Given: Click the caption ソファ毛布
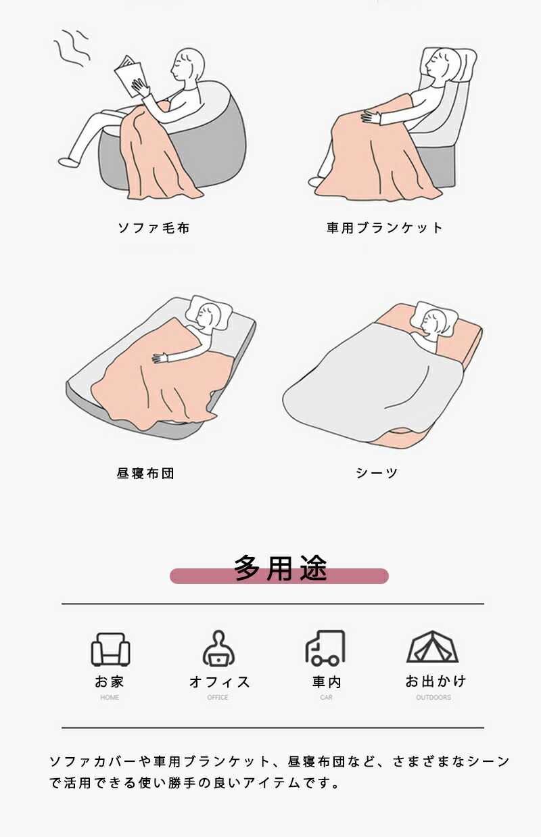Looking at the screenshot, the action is (154, 228).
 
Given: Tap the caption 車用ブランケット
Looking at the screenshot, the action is (385, 228).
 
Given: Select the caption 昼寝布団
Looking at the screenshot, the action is (145, 474).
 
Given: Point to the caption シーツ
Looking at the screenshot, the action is (377, 473).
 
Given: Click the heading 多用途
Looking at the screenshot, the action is (281, 568).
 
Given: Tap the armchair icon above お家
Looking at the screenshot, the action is (110, 650).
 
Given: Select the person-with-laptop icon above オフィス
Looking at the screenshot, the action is (219, 648).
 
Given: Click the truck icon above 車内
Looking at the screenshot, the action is (325, 648).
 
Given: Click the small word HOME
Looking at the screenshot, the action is (110, 697).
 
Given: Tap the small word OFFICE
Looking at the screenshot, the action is (218, 697).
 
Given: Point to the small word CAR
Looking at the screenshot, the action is (326, 697).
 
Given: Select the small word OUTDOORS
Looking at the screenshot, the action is (433, 697).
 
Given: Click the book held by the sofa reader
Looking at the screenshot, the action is (130, 76).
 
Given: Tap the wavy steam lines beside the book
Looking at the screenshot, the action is (73, 47).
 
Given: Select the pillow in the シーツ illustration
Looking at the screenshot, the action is (434, 319).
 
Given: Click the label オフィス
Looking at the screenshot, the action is (219, 682).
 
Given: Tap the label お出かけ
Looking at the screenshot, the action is (436, 681).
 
